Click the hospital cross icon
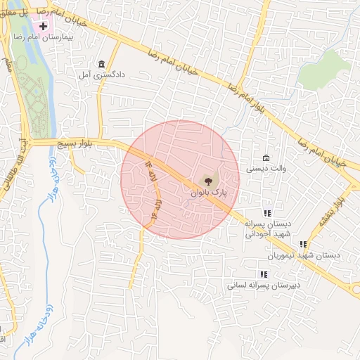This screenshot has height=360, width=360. pyautogui.click(x=44, y=27)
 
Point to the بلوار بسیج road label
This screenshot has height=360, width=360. pyautogui.click(x=79, y=143)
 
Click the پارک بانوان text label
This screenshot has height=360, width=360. pyautogui.click(x=209, y=191)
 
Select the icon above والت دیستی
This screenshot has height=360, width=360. pyautogui.click(x=265, y=157)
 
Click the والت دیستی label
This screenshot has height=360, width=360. pyautogui.click(x=265, y=169)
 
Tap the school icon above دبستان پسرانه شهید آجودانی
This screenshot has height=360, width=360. pyautogui.click(x=267, y=213)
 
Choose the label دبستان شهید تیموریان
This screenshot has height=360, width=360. pyautogui.click(x=314, y=255)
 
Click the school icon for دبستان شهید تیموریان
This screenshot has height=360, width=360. pyautogui.click(x=303, y=244)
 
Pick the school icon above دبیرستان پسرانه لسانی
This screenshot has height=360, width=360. pyautogui.click(x=264, y=275)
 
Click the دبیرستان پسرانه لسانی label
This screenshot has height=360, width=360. pyautogui.click(x=264, y=286)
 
